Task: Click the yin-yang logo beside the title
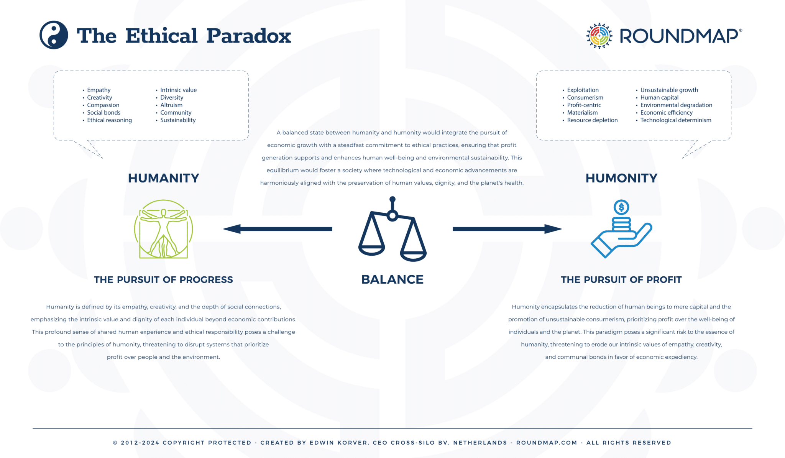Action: click(x=54, y=35)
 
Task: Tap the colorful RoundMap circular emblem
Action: click(x=599, y=36)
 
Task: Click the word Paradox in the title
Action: click(x=249, y=36)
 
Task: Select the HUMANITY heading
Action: click(x=163, y=178)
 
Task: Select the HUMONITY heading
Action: click(x=621, y=178)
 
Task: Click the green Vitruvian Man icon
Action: click(x=163, y=229)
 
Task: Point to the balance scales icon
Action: click(x=392, y=230)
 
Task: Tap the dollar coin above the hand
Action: click(x=621, y=207)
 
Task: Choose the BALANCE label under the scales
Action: click(x=392, y=279)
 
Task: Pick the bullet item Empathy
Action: click(x=99, y=90)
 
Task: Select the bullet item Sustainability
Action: click(x=178, y=120)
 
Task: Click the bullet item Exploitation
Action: click(x=583, y=90)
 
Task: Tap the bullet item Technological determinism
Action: click(x=676, y=120)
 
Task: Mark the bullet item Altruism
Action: click(x=171, y=105)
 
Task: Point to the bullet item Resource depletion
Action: click(x=592, y=120)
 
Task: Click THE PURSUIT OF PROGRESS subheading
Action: click(x=163, y=280)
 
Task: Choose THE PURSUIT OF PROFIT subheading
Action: click(x=621, y=280)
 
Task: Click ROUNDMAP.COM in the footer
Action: click(x=547, y=443)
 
